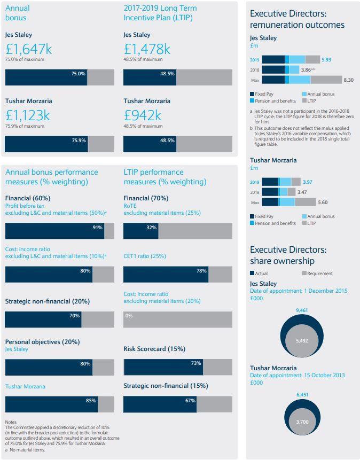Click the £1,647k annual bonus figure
(x=29, y=50)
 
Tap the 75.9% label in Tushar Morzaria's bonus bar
(x=79, y=140)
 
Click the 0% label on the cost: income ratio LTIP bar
(x=128, y=316)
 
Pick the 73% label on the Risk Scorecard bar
(x=195, y=363)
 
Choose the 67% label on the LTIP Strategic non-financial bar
(x=190, y=400)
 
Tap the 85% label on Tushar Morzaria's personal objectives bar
(x=91, y=400)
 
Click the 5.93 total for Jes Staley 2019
(x=326, y=60)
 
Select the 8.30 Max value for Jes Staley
(x=348, y=80)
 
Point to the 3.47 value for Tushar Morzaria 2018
(x=302, y=192)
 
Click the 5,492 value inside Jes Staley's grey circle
(x=302, y=341)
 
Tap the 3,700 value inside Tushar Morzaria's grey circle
(x=302, y=422)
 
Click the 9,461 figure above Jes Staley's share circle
(x=302, y=310)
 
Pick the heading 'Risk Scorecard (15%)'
(x=154, y=349)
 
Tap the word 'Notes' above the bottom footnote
(x=11, y=422)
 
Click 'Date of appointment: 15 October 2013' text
(x=297, y=375)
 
